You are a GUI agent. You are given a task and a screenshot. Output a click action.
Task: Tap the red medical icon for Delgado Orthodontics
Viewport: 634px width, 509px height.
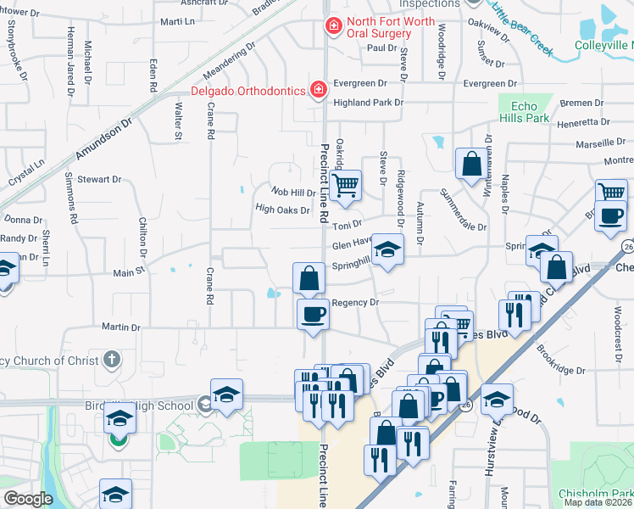pos(317,89)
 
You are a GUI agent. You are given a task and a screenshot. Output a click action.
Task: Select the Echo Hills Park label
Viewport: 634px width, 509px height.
pos(525,112)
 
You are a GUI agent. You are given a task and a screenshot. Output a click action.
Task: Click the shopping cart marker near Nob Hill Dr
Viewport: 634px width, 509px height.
pos(344,185)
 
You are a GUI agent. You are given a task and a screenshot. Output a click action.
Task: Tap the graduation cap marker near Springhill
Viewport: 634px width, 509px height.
pos(387,249)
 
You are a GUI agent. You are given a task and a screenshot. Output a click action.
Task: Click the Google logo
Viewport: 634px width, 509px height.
pos(28,499)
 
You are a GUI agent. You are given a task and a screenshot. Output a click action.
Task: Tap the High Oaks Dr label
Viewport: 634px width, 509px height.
pos(282,209)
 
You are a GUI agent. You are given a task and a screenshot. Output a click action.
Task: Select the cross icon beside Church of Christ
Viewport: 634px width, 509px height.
pos(111,361)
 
